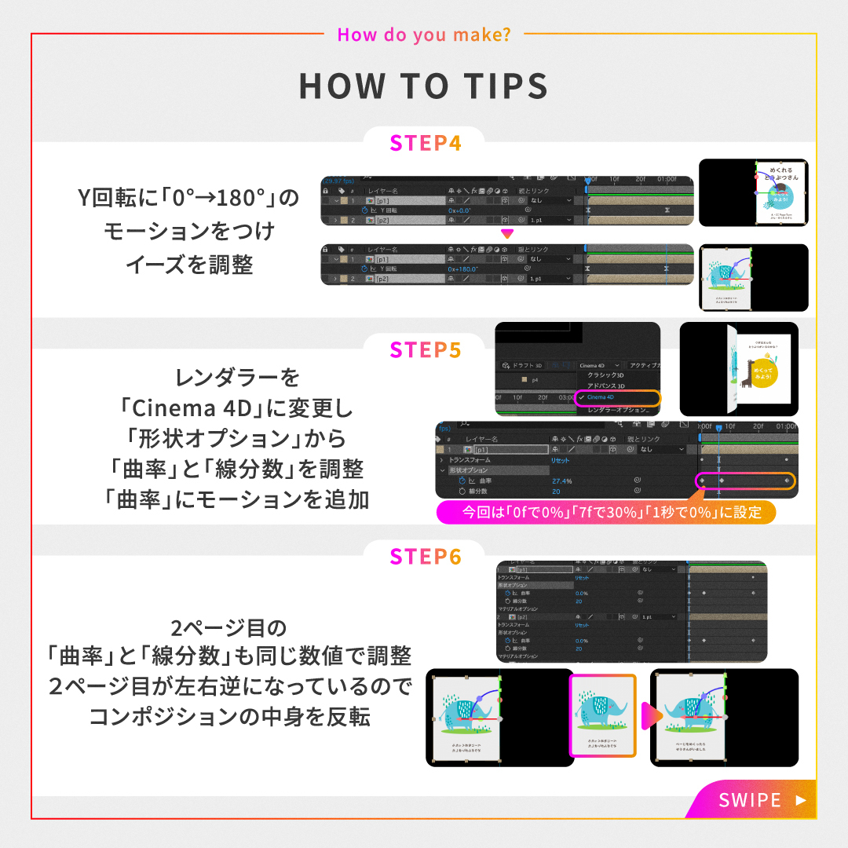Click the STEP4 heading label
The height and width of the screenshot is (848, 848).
[x=424, y=144]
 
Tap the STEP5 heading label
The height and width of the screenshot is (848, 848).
[x=424, y=349]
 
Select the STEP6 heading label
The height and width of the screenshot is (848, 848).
[x=424, y=557]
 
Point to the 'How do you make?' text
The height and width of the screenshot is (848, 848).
[x=424, y=35]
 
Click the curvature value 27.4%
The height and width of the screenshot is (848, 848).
[x=561, y=481]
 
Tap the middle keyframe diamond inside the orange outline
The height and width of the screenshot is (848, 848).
[x=721, y=481]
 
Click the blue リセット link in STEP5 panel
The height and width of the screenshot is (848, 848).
[x=560, y=460]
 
